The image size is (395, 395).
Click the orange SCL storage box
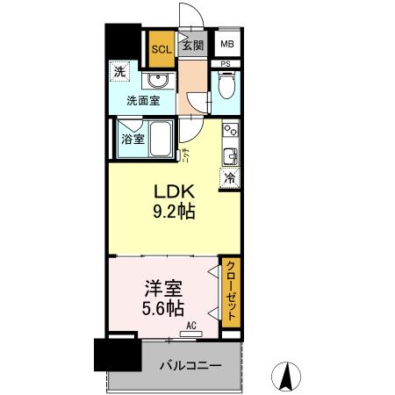[162, 49]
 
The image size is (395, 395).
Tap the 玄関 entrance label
[192, 45]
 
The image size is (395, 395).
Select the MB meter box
[226, 45]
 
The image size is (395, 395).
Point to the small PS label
[226, 63]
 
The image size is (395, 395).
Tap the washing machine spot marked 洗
[118, 71]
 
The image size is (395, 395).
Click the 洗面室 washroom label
[142, 101]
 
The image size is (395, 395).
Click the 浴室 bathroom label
[132, 139]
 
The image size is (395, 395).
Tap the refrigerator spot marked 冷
[229, 177]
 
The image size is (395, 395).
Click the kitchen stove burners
[231, 131]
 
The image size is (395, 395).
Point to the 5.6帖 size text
[163, 308]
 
